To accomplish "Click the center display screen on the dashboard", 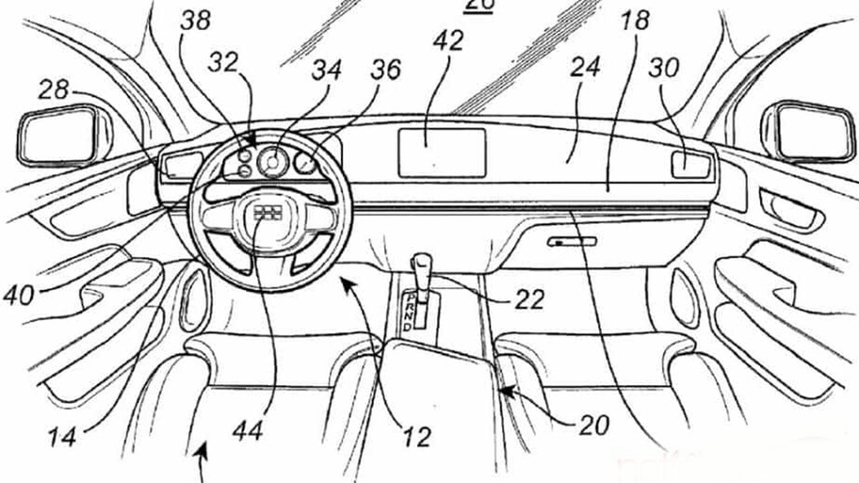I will click(442, 151).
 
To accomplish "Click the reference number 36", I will click(385, 70).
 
